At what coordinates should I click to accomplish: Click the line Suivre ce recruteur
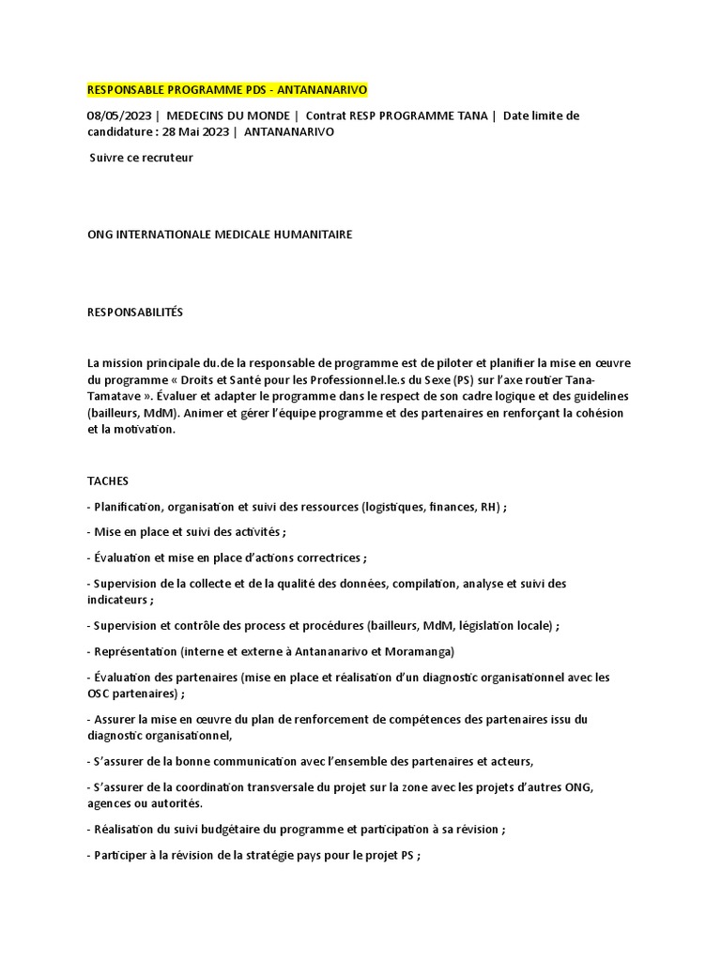point(141,158)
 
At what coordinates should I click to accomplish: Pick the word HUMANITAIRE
point(307,235)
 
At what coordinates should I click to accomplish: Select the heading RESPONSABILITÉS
point(135,313)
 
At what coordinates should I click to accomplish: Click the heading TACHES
point(108,480)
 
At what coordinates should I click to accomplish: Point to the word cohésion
point(598,413)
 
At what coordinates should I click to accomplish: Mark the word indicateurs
point(117,599)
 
